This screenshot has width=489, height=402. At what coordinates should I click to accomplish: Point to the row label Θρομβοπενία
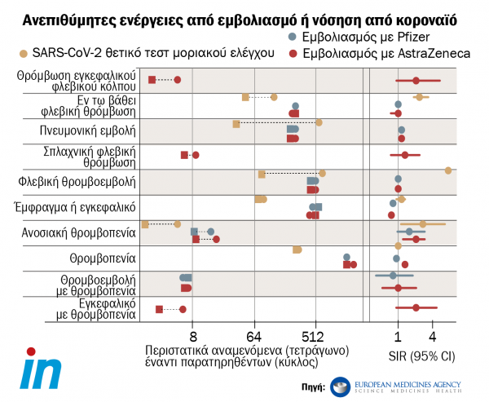100,258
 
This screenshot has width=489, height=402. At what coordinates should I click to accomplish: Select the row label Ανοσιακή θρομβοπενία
77,232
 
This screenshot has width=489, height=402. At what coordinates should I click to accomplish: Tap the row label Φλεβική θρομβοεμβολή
77,181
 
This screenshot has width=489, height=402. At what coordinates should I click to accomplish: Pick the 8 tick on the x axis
192,337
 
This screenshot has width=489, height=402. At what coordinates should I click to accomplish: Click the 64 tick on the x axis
253,337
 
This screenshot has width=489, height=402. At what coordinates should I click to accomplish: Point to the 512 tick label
315,337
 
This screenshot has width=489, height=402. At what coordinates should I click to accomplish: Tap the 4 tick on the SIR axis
432,337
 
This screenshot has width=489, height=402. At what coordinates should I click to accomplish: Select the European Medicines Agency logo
394,386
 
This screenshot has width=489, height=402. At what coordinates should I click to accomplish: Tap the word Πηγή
313,387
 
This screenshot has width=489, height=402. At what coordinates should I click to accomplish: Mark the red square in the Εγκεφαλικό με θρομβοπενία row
159,310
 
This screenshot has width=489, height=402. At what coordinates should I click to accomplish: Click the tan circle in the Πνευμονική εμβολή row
319,122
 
